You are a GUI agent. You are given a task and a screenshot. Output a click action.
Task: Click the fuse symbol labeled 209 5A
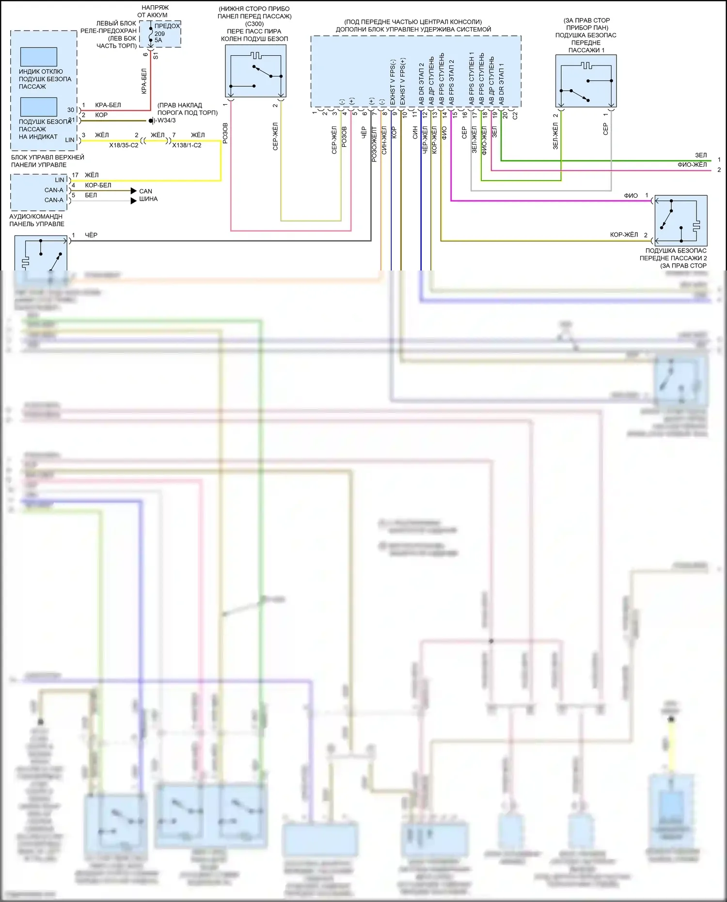coord(151,34)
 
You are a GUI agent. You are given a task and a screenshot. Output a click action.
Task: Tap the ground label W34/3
coord(166,121)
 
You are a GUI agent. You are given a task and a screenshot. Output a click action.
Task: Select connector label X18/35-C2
coord(124,145)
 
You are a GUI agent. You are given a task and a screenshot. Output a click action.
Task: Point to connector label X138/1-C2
coord(187,145)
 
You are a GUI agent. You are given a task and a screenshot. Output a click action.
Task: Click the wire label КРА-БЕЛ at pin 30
coord(108,105)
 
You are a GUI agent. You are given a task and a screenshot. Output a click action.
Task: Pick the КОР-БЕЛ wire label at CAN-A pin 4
coord(98,185)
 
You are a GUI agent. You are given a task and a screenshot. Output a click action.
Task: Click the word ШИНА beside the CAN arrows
coord(148,199)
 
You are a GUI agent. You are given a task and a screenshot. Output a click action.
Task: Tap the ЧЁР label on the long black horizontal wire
coord(91,235)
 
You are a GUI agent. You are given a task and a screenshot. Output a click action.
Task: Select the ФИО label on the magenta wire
coord(631,196)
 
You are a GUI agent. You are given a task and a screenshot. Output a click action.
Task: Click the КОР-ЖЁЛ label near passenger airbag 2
coord(624,235)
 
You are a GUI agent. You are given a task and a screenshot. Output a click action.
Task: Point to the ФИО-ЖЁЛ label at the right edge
coord(692,165)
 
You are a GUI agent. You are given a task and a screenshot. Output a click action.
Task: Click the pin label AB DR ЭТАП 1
coord(502,83)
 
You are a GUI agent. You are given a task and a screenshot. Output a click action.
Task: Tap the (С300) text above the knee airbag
coord(254,24)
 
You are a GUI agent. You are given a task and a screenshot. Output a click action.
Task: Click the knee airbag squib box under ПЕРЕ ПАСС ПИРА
coord(255,71)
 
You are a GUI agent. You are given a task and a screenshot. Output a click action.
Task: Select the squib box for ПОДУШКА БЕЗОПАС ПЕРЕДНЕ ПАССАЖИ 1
coord(585,80)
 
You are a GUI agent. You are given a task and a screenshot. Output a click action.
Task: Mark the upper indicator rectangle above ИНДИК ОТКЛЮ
coord(39,57)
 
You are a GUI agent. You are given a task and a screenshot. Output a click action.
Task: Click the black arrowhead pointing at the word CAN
coord(134,191)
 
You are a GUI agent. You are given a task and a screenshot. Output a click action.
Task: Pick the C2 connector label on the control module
coord(515,115)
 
